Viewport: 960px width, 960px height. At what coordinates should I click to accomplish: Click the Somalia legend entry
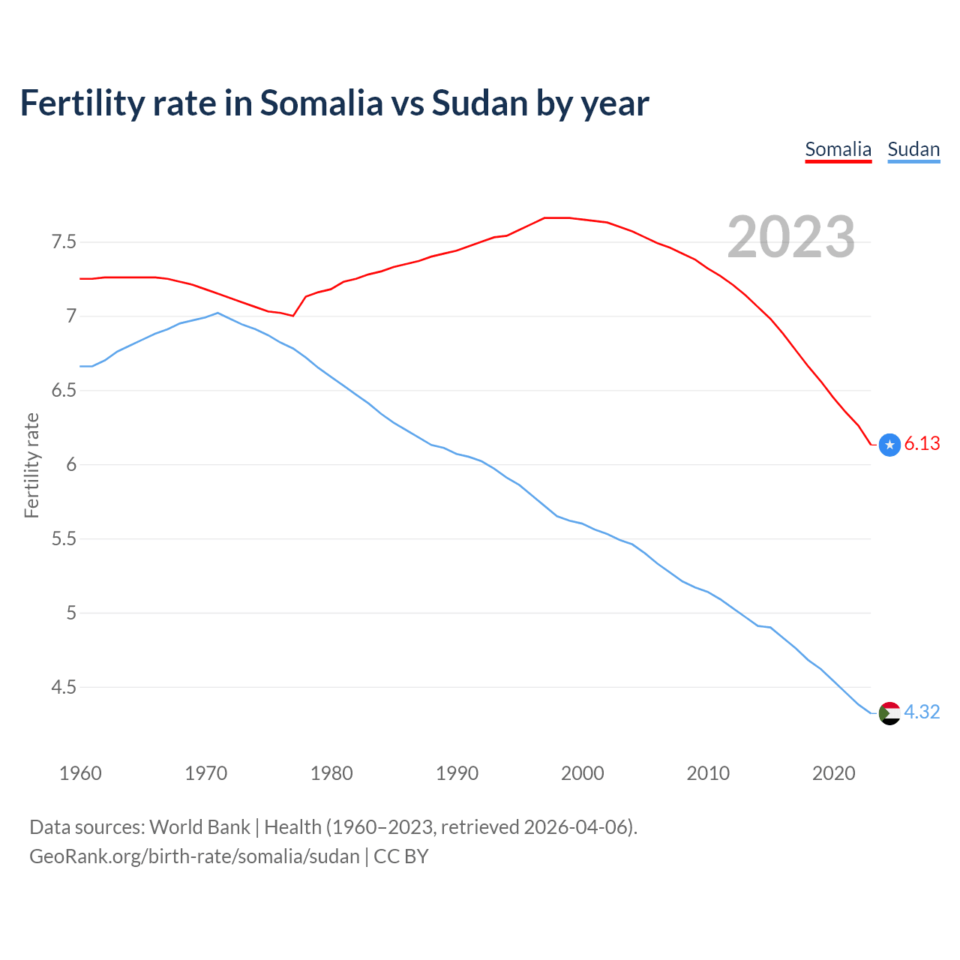[838, 149]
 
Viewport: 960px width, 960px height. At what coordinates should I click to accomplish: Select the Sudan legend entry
[913, 149]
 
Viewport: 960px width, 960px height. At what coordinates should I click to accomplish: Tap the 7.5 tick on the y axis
[64, 242]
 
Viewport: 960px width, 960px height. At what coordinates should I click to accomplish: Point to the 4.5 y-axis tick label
[64, 687]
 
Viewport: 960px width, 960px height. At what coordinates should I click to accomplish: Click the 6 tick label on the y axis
[71, 464]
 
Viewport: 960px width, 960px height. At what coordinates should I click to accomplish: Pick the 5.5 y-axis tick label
[64, 538]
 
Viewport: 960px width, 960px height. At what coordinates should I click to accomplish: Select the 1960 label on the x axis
[80, 773]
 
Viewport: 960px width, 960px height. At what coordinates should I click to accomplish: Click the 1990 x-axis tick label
[457, 773]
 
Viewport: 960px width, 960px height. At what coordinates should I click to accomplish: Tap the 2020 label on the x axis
[833, 773]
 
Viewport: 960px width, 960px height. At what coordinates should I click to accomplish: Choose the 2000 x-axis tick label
[582, 773]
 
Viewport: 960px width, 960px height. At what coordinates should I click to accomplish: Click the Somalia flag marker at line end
[889, 445]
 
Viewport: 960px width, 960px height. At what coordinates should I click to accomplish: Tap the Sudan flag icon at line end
[889, 712]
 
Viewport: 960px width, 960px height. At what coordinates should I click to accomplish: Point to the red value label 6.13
[922, 444]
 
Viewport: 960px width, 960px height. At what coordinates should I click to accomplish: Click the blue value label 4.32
[922, 712]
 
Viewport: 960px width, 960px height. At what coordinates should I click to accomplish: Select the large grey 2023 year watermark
[790, 237]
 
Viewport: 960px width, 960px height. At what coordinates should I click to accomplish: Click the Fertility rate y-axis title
[31, 465]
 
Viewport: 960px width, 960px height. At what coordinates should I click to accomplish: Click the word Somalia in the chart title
[321, 103]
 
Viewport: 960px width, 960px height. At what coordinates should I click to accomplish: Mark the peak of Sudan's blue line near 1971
[217, 313]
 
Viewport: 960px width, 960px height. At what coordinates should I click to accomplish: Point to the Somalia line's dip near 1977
[292, 316]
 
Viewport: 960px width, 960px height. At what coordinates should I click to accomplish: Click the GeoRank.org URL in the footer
[194, 856]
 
